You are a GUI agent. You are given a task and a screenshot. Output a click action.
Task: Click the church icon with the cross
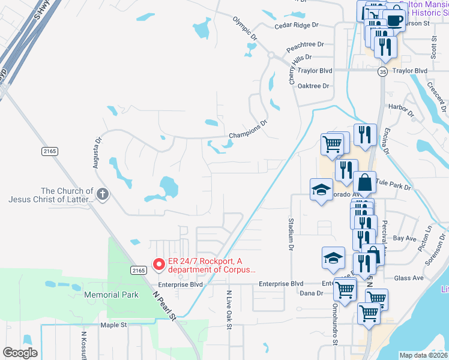click(103, 194)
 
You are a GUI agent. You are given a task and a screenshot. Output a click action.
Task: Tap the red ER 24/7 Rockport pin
click(159, 263)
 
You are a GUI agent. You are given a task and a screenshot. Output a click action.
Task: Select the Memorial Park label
click(111, 295)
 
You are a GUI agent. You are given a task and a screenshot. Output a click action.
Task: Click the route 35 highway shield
click(382, 71)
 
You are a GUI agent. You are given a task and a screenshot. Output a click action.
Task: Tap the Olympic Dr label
click(245, 28)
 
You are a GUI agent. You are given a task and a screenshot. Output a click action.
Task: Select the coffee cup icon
click(394, 21)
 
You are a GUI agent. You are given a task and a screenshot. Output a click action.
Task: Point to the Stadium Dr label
click(291, 234)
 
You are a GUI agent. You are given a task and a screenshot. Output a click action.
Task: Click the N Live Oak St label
click(229, 310)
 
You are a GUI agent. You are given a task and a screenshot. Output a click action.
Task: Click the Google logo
click(20, 353)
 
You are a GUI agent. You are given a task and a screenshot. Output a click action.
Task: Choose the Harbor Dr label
click(402, 110)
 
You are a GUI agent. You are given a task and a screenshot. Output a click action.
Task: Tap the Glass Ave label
click(409, 278)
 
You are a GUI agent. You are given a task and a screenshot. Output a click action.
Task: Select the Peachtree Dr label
click(305, 44)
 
